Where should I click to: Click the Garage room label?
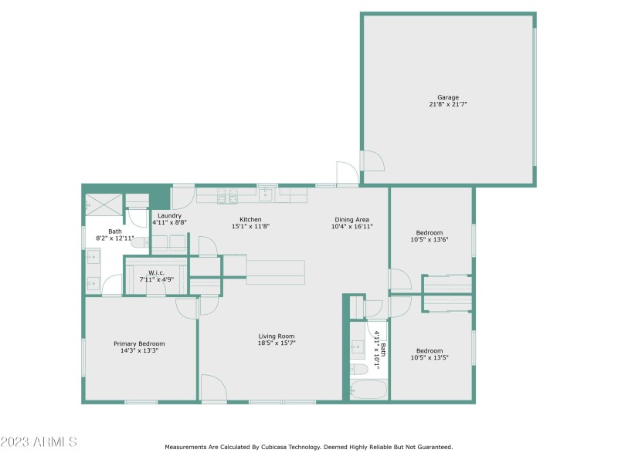tap(448, 97)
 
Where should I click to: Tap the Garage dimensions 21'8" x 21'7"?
tap(448, 104)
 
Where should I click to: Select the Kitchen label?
tap(250, 219)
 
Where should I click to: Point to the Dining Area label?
tap(351, 220)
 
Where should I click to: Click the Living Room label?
tap(277, 336)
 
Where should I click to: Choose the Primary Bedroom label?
tap(139, 343)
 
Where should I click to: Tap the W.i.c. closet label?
tap(157, 273)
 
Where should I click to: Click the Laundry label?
tap(169, 216)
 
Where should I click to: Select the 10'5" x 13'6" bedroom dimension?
tap(430, 239)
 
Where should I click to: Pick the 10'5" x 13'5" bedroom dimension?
tap(430, 357)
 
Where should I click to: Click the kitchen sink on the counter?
tap(266, 194)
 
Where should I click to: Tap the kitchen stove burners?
tap(228, 195)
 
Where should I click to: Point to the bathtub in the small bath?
tap(368, 390)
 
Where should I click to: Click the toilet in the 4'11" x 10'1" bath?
tap(358, 370)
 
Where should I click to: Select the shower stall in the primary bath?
tap(104, 204)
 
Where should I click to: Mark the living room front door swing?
tap(214, 388)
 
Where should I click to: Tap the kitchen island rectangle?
tap(276, 272)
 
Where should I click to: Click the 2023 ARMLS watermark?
tap(39, 441)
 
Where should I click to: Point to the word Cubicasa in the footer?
tap(274, 447)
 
